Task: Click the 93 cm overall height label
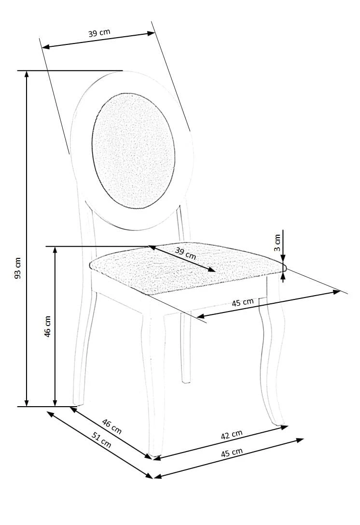pos(18,268)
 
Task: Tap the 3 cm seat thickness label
pos(277,243)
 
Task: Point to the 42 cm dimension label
pos(232,435)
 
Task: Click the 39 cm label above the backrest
pos(99,33)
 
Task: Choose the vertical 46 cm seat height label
pos(47,326)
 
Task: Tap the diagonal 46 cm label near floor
pos(112,426)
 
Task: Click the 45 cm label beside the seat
pos(243,302)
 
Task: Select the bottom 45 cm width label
pos(232,453)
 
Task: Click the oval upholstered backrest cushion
pos(133,151)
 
